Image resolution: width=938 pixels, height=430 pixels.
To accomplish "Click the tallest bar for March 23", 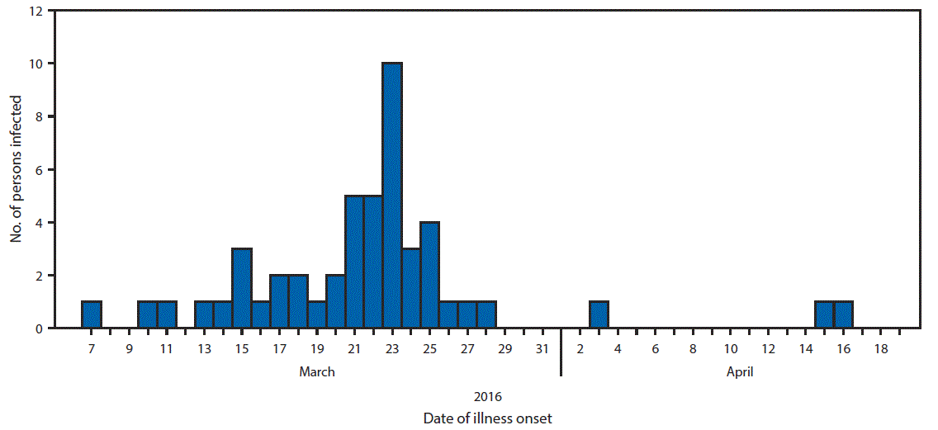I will pyautogui.click(x=392, y=196).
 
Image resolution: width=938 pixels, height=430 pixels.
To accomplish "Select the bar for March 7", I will pyautogui.click(x=92, y=315).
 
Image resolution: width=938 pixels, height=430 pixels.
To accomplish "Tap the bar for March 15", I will pyautogui.click(x=242, y=288).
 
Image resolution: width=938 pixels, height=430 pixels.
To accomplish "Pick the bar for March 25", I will pyautogui.click(x=429, y=275).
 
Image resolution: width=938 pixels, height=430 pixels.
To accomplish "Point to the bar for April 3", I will pyautogui.click(x=599, y=315).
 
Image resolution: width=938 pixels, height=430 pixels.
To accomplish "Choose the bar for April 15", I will pyautogui.click(x=824, y=315).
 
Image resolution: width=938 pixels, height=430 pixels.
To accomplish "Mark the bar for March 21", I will pyautogui.click(x=354, y=262).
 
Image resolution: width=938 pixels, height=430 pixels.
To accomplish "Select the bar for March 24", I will pyautogui.click(x=410, y=288).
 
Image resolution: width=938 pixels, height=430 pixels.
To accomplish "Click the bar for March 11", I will pyautogui.click(x=167, y=315).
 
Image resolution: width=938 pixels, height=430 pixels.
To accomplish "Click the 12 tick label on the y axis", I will pyautogui.click(x=33, y=12).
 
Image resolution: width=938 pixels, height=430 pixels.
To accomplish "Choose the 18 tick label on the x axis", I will pyautogui.click(x=881, y=349).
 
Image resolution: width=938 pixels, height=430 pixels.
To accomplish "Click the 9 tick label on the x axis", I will pyautogui.click(x=129, y=349).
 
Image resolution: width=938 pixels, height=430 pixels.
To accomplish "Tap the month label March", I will pyautogui.click(x=317, y=372).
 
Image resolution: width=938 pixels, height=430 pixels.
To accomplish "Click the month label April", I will pyautogui.click(x=740, y=372).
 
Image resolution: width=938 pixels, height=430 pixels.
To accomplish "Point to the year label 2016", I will pyautogui.click(x=487, y=397).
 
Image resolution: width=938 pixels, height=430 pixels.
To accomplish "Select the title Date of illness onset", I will pyautogui.click(x=487, y=418).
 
